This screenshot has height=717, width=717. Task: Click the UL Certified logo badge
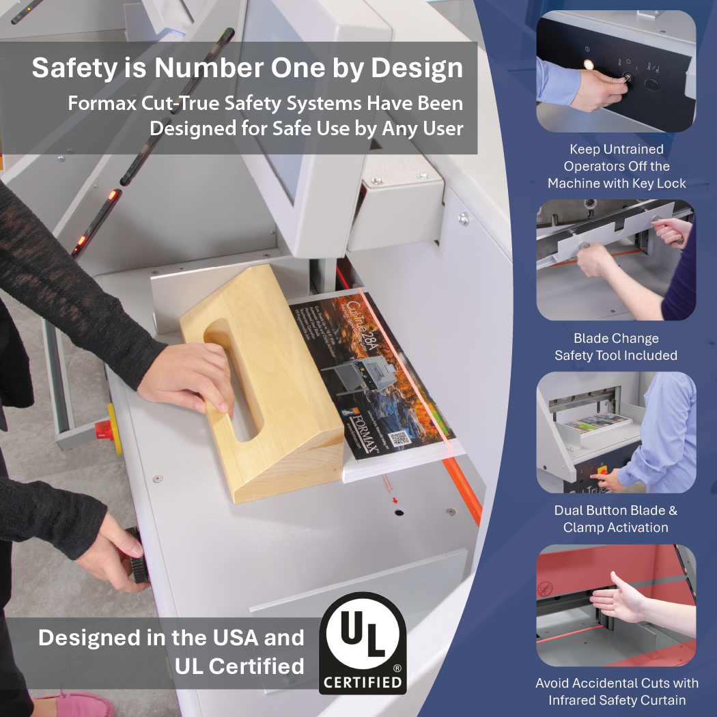(362, 643)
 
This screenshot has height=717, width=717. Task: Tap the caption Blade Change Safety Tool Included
(616, 347)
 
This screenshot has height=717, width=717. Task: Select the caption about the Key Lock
(616, 166)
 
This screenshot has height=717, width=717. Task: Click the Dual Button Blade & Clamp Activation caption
(616, 519)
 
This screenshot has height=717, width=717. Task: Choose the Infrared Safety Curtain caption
(616, 691)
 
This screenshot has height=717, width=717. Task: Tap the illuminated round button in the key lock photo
(587, 65)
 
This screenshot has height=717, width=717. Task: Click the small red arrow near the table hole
(394, 500)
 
